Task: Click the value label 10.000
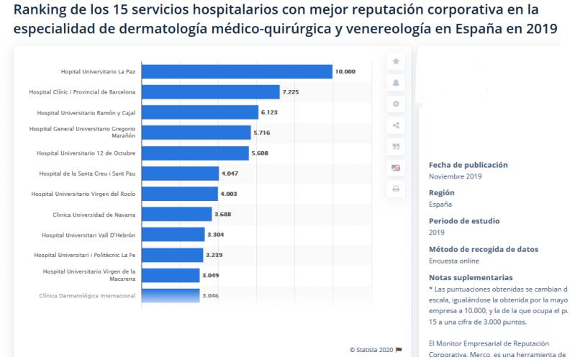click(345, 72)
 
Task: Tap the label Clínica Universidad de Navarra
click(94, 215)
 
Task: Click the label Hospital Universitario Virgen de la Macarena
click(89, 275)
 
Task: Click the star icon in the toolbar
click(395, 62)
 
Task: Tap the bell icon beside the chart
click(395, 83)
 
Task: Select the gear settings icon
click(395, 104)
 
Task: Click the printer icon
click(395, 189)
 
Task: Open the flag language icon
click(395, 168)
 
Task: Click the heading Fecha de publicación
click(468, 165)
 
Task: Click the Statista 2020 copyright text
click(371, 350)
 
